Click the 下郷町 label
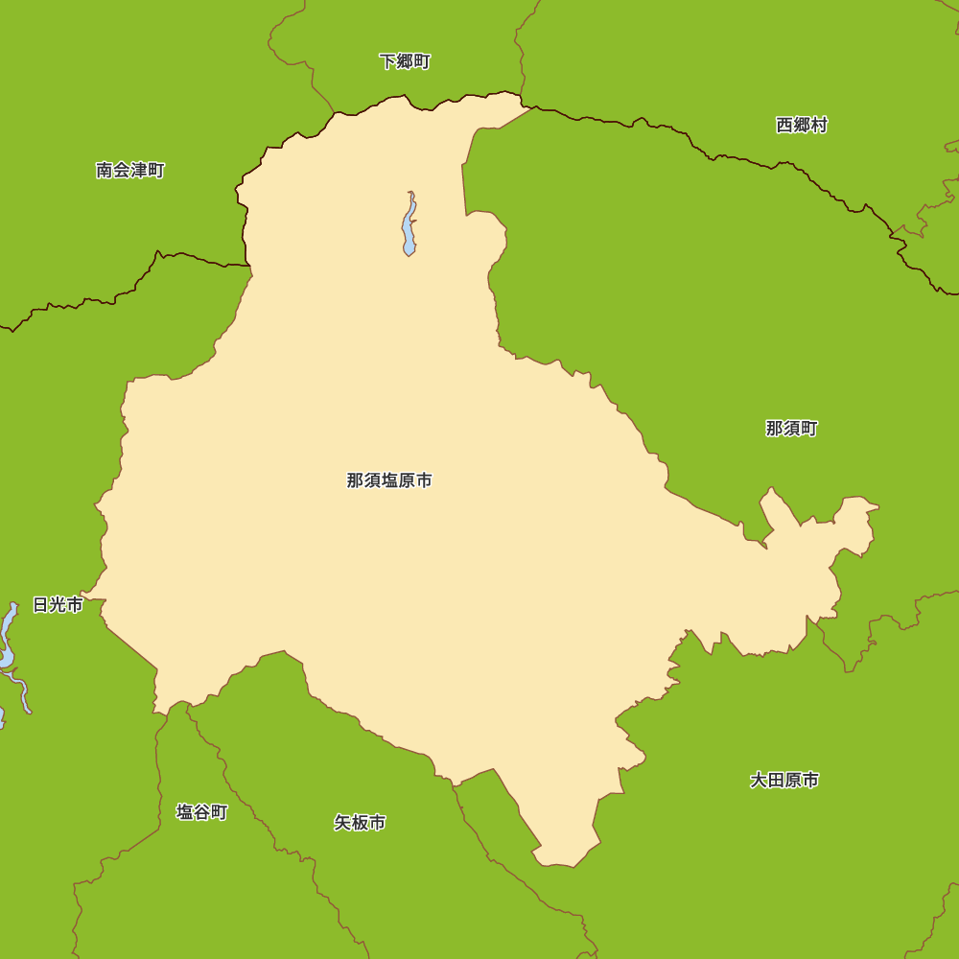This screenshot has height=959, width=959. tap(405, 62)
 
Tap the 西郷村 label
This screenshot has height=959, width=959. tap(802, 125)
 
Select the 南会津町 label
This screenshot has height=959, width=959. tap(130, 171)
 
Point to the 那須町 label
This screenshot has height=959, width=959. tap(791, 429)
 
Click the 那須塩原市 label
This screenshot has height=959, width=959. tap(389, 480)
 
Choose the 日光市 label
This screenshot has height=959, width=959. tap(58, 605)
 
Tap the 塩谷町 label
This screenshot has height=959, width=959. tap(202, 812)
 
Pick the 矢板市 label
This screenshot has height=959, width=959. tap(361, 823)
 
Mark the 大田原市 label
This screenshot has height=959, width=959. tap(784, 781)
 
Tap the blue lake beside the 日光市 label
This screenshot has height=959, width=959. tap(8, 638)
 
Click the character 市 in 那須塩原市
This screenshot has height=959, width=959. tap(424, 480)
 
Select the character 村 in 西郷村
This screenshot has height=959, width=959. tap(819, 125)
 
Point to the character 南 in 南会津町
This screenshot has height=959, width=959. tap(105, 171)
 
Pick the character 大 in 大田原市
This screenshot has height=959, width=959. tap(759, 781)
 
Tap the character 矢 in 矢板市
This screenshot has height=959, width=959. tap(343, 823)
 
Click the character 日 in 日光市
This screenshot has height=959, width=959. tap(40, 605)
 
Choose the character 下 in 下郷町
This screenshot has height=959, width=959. tap(387, 62)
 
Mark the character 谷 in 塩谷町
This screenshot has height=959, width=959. tap(202, 812)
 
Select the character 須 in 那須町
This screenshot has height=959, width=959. tap(791, 429)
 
